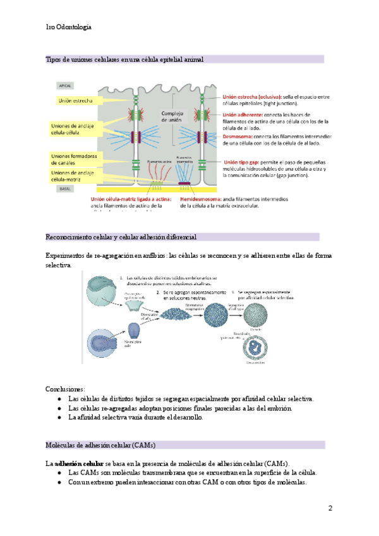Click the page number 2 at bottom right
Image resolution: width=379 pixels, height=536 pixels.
tap(330, 508)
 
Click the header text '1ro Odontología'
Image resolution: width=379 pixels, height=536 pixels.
tap(69, 27)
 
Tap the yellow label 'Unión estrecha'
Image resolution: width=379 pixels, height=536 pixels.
tap(76, 100)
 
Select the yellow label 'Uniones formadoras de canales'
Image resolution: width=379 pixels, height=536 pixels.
tap(74, 159)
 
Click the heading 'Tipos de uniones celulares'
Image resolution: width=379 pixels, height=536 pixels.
tap(124, 59)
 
